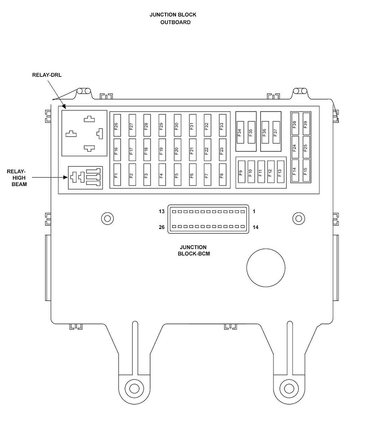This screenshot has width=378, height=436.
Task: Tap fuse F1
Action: click(x=117, y=175)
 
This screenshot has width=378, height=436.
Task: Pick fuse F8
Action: click(x=222, y=175)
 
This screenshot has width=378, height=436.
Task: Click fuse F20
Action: click(x=177, y=150)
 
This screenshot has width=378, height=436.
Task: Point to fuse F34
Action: click(x=240, y=132)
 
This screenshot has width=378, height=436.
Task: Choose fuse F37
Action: click(x=276, y=132)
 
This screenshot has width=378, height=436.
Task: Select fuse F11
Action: click(x=261, y=172)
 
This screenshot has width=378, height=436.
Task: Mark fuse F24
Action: click(x=295, y=147)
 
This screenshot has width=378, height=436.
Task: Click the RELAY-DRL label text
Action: click(x=47, y=75)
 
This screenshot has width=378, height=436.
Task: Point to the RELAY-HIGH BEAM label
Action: click(x=17, y=177)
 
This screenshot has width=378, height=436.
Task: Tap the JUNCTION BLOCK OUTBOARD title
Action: click(x=173, y=18)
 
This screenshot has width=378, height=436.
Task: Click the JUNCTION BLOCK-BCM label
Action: click(x=194, y=250)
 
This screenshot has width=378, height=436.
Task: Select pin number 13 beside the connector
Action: click(x=162, y=211)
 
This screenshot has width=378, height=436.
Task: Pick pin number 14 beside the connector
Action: click(x=256, y=227)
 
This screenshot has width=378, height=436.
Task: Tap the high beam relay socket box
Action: click(x=85, y=178)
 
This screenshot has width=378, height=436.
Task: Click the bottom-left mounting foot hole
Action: click(x=134, y=388)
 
